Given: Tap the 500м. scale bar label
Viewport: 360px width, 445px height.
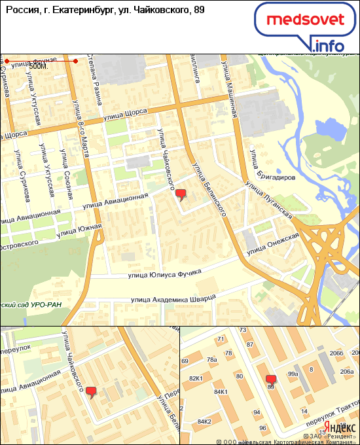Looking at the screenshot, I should [x=40, y=66].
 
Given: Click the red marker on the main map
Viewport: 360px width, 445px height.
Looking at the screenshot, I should [x=181, y=194].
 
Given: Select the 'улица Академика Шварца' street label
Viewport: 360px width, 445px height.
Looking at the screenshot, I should [x=172, y=299].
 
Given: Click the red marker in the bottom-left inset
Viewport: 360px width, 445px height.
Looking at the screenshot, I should [x=91, y=392].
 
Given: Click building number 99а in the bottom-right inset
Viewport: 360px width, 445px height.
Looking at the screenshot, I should [x=293, y=374].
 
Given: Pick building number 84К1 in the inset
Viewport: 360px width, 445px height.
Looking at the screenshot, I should [x=220, y=391].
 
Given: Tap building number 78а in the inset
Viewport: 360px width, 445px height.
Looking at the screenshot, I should [x=211, y=359].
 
